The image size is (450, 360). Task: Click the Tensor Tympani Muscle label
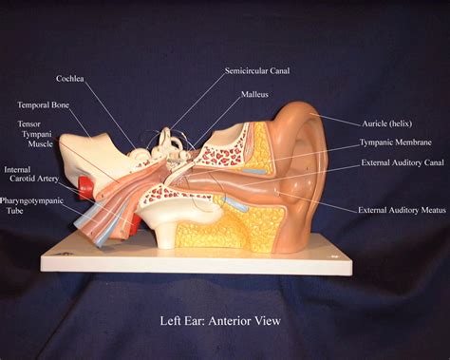tap(35, 134)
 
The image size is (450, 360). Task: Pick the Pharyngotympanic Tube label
tap(30, 207)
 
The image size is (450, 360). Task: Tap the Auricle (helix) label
tap(391, 123)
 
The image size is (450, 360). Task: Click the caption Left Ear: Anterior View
tap(219, 321)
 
